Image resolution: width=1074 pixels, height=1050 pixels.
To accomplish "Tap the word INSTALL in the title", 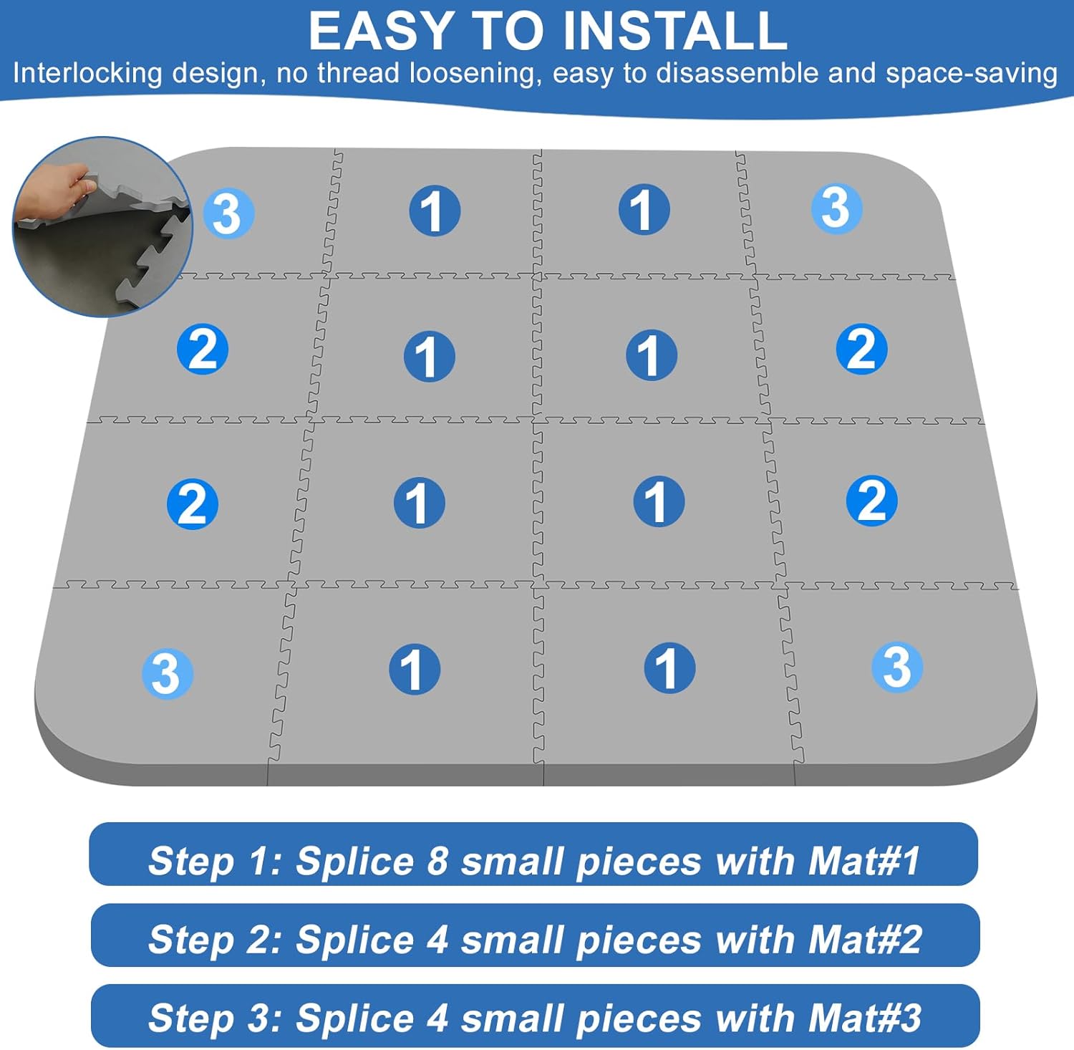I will (674, 32).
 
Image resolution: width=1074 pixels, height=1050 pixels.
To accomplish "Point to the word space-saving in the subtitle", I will (972, 74).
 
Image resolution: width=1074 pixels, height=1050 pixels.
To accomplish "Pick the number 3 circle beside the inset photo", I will (228, 213).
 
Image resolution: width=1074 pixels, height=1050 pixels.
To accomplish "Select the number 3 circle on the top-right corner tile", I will (836, 208).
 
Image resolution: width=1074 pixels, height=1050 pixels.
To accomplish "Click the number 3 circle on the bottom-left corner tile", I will (167, 673).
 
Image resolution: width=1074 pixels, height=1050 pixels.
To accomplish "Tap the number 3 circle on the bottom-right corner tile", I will (896, 667).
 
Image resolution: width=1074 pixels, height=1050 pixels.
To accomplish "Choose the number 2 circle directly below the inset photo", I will (203, 350).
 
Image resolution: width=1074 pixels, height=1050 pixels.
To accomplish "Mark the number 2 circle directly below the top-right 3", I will (861, 350).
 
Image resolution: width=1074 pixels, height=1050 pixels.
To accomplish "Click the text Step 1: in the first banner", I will (215, 860).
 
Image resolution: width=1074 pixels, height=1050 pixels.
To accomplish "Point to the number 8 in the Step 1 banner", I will (437, 860).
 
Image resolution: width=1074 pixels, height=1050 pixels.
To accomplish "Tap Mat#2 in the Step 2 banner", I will (865, 939).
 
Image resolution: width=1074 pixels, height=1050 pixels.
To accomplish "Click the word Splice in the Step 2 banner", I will (354, 939).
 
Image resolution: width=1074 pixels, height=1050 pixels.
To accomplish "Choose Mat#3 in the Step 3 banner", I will (865, 1018).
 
